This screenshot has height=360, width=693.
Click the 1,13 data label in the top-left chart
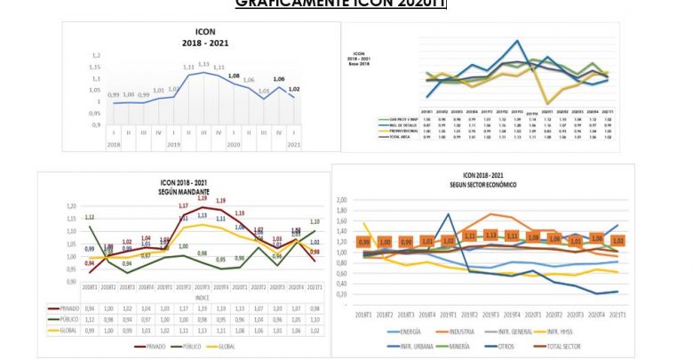203,64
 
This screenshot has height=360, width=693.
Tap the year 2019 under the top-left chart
173,144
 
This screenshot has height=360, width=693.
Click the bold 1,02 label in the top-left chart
295,89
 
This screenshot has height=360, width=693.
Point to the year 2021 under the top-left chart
294,144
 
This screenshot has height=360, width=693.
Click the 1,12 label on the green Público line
90,217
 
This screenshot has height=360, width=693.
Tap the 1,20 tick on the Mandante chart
69,206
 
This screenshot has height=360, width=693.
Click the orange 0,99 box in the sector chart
364,241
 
